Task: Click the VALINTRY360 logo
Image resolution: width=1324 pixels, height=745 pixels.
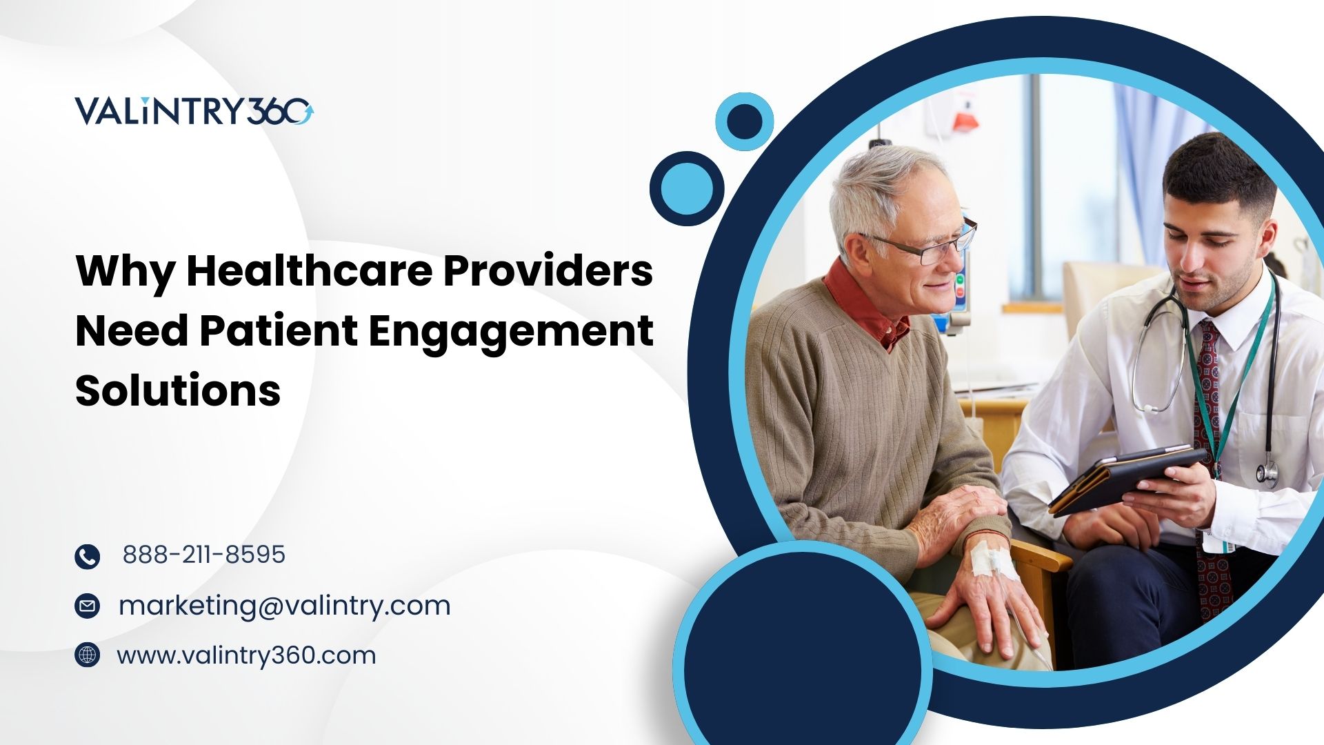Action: [x=194, y=111]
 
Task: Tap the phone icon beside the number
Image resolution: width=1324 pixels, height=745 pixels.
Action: [x=87, y=556]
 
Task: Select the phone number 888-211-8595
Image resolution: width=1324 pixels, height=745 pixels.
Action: [x=203, y=555]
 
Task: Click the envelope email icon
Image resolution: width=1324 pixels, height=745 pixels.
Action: [x=87, y=606]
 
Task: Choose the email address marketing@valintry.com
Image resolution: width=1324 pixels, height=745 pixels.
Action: [x=284, y=606]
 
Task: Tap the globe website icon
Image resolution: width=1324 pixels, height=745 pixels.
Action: [x=87, y=655]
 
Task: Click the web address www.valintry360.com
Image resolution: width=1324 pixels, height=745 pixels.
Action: [x=246, y=655]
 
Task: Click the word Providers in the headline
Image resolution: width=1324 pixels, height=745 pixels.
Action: [x=548, y=270]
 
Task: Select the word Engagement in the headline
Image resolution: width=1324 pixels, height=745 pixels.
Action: [x=510, y=331]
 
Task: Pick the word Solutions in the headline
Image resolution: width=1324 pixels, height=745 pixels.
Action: [x=178, y=390]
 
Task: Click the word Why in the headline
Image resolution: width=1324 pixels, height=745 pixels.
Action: [x=125, y=272]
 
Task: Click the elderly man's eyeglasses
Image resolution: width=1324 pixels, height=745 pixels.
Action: [x=924, y=245]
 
